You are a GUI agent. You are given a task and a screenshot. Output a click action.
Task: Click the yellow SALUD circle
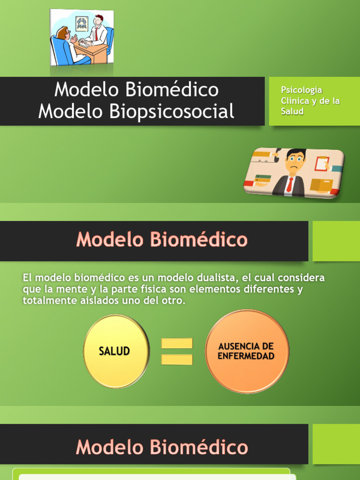click(x=115, y=351)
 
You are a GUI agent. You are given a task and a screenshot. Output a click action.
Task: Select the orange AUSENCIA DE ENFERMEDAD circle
click(x=247, y=351)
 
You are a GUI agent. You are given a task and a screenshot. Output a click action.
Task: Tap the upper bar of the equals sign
click(x=177, y=343)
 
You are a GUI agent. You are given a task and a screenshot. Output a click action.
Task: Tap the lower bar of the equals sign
click(x=177, y=360)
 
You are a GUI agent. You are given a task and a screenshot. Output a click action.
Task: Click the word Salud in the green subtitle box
click(x=292, y=112)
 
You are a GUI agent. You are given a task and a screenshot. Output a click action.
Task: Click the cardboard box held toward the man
click(x=322, y=185)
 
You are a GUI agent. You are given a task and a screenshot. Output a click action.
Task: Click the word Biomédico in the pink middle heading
click(x=199, y=240)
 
